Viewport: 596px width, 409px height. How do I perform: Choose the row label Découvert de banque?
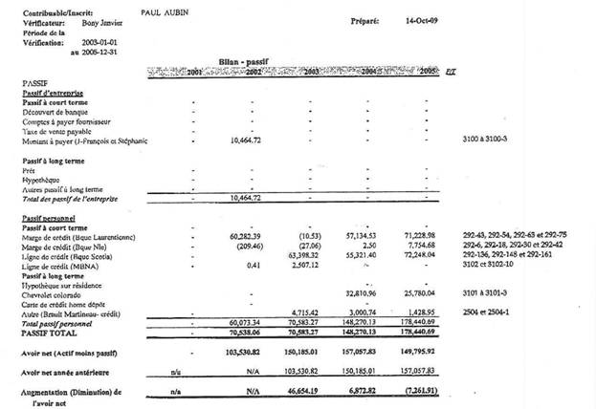[x=64, y=111]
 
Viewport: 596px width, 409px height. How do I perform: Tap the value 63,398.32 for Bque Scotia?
[x=300, y=257]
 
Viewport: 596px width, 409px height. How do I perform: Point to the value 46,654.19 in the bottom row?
[x=300, y=393]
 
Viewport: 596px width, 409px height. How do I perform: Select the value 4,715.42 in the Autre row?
[x=302, y=312]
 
